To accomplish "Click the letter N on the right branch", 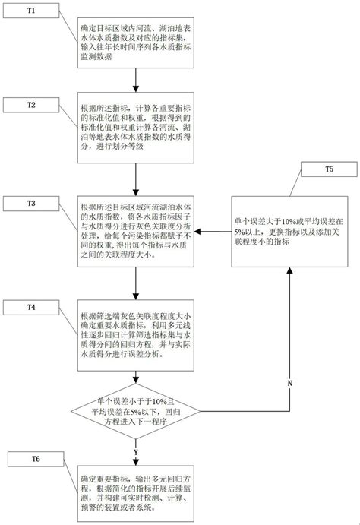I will click(x=289, y=383).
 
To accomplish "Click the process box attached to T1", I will click(x=135, y=42).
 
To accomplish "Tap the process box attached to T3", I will click(x=135, y=231).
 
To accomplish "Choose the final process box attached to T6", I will click(x=135, y=490).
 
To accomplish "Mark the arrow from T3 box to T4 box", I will click(x=135, y=285).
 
